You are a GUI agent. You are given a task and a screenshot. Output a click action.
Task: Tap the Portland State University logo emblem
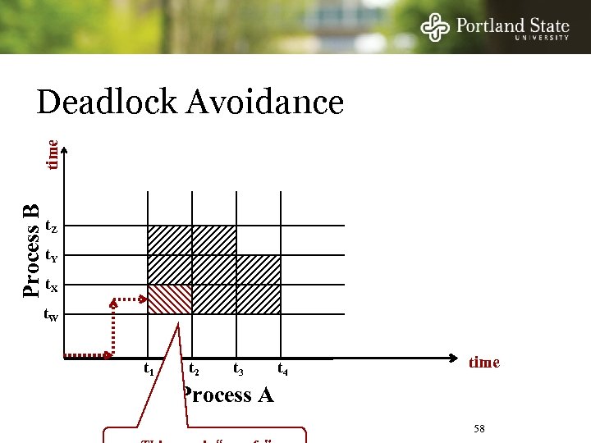tap(435, 28)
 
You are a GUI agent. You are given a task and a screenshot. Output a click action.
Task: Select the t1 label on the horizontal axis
tap(149, 370)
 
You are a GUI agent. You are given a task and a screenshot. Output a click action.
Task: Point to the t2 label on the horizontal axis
tap(195, 370)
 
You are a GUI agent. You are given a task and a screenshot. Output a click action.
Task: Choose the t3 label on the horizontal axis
tap(239, 370)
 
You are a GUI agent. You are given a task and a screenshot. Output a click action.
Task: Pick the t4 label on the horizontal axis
tap(283, 370)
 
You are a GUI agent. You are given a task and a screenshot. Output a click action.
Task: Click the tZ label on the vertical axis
tap(51, 226)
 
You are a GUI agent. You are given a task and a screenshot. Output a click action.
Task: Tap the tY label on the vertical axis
tap(51, 256)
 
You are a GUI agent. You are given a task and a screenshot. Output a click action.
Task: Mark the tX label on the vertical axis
tap(51, 285)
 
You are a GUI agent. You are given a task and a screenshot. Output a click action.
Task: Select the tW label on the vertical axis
tap(51, 315)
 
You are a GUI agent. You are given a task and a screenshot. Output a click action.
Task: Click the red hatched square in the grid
tap(169, 299)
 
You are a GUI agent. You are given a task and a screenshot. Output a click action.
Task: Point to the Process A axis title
tap(227, 395)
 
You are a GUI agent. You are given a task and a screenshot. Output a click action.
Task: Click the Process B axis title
tap(31, 250)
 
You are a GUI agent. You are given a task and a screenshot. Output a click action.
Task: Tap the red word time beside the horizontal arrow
tap(483, 363)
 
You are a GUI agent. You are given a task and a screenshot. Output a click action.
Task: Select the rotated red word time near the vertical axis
tap(52, 154)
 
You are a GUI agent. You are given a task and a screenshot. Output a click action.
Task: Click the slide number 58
tap(480, 430)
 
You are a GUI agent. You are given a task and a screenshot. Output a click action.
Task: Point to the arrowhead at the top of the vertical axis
tap(64, 150)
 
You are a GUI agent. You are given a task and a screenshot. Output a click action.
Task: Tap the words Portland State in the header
tap(512, 25)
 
